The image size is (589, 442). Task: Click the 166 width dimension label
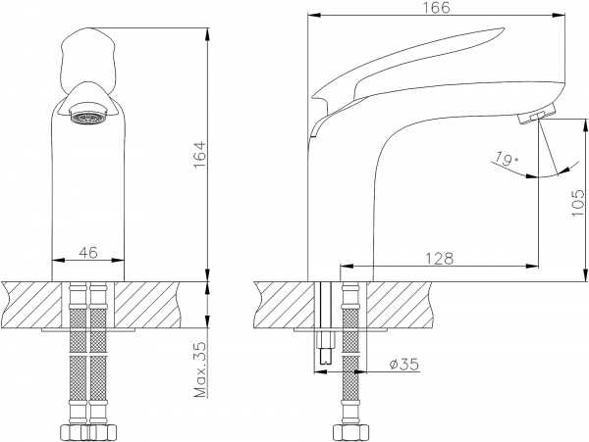coord(438,8)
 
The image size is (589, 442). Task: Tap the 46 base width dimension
coord(88,252)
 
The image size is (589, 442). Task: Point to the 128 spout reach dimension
coord(439,259)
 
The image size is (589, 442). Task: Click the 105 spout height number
coord(578,203)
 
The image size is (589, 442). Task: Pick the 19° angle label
coord(506,159)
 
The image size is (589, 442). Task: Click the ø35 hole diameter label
coord(403,364)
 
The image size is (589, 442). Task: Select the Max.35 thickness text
coord(200,369)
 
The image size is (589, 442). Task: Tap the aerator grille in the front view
coord(89,117)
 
